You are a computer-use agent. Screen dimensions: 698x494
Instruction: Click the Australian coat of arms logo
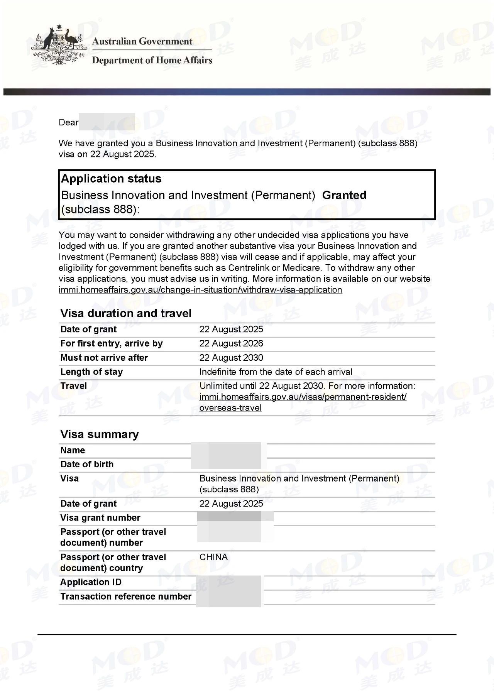[x=59, y=45]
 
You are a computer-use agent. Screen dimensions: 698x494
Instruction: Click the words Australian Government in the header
[x=142, y=41]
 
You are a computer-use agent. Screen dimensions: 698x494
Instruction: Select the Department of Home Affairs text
[x=152, y=60]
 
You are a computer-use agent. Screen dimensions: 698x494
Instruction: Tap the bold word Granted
[x=344, y=195]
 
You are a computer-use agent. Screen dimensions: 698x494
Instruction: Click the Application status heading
[x=111, y=179]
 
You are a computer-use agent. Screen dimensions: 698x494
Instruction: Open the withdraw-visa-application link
[x=200, y=290]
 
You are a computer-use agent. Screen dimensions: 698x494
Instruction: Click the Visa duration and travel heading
[x=126, y=313]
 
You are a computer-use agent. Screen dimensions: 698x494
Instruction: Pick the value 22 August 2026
[x=231, y=343]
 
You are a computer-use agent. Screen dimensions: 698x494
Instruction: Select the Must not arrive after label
[x=104, y=358]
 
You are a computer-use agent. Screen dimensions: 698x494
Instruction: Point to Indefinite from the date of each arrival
[x=276, y=372]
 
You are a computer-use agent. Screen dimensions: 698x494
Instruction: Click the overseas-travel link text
[x=230, y=408]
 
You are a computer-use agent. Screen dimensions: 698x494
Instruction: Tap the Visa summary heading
[x=100, y=434]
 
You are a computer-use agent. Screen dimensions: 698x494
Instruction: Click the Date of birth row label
[x=87, y=464]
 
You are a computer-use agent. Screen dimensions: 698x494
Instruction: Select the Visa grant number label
[x=100, y=518]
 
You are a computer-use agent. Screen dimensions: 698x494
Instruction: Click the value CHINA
[x=213, y=557]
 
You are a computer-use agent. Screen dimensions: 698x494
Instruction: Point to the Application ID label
[x=91, y=582]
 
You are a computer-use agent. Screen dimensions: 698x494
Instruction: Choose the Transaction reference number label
[x=126, y=597]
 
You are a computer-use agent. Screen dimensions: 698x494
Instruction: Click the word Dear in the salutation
[x=68, y=123]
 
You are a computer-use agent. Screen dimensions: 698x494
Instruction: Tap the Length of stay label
[x=91, y=372]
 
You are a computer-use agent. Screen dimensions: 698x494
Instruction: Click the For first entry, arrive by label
[x=112, y=343]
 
